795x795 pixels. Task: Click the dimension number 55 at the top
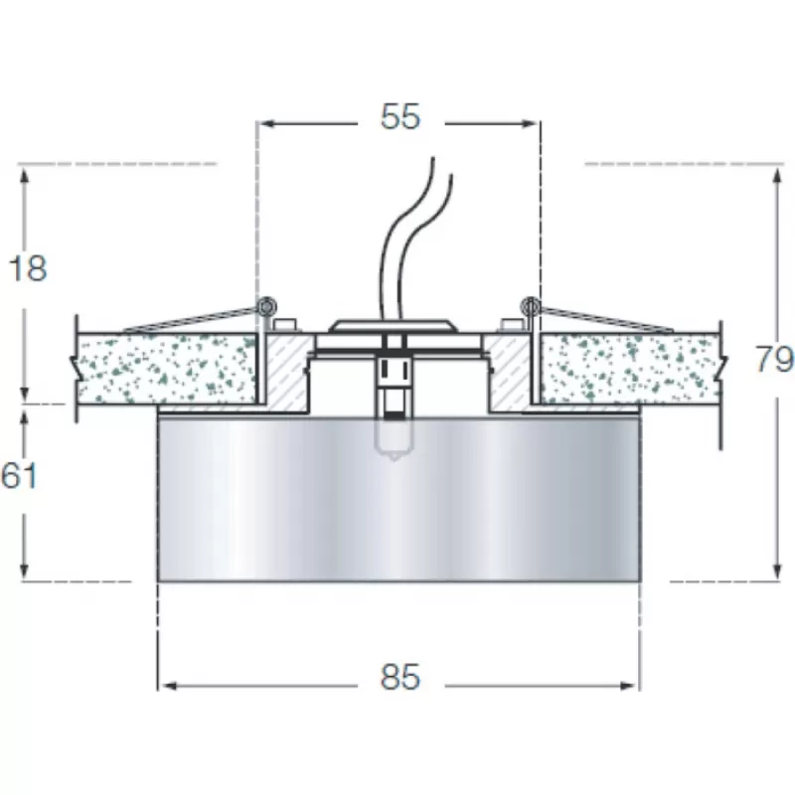click(400, 117)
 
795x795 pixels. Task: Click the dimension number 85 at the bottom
click(400, 677)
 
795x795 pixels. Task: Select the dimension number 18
click(29, 268)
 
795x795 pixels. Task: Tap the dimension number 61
click(19, 476)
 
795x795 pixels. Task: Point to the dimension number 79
click(775, 359)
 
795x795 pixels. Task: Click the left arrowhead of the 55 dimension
click(266, 123)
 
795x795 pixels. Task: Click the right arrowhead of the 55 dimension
click(530, 123)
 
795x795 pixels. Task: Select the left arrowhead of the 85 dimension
click(168, 686)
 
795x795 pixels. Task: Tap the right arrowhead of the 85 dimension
click(629, 686)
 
